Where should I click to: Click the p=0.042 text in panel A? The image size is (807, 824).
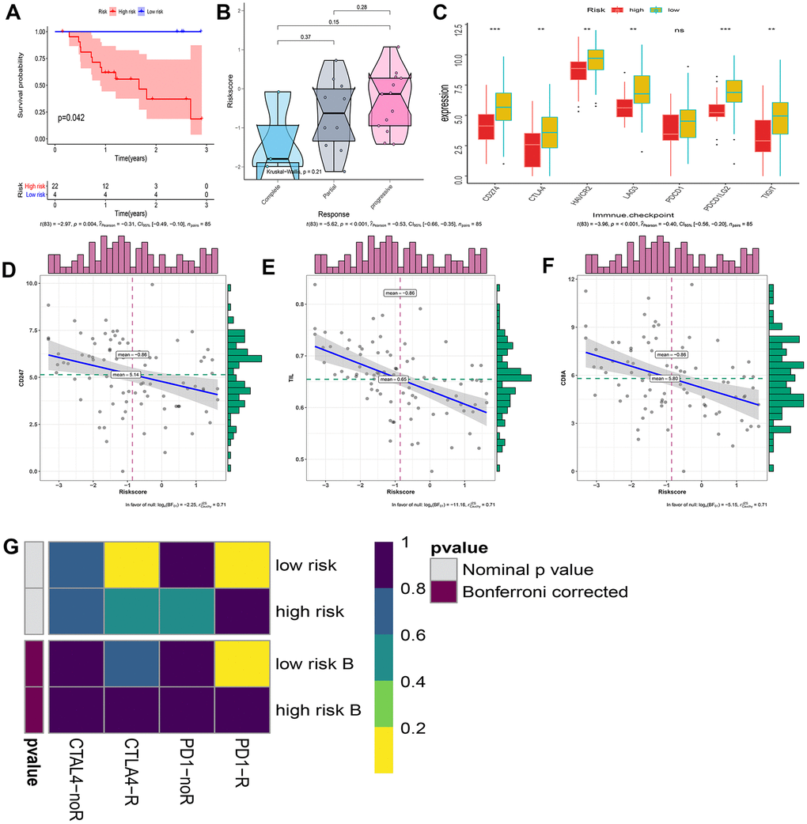(67, 118)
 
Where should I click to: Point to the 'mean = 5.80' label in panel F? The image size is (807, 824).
(665, 379)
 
